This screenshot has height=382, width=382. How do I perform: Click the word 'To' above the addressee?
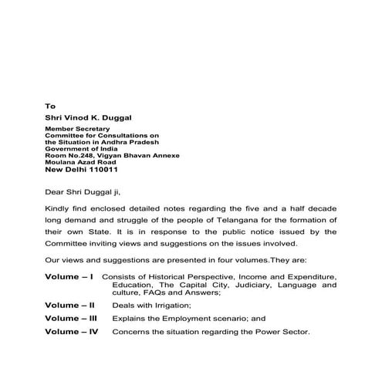(x=49, y=105)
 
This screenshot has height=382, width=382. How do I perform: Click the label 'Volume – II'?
(x=71, y=305)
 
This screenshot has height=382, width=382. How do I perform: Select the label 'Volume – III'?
(x=72, y=317)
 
